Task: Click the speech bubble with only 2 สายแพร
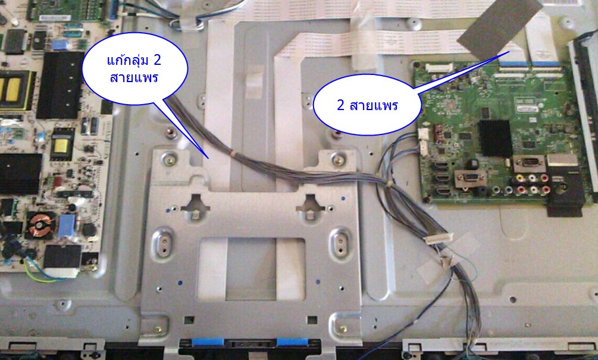(x=367, y=105)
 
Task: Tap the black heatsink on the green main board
(x=495, y=138)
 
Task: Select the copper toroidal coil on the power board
(x=37, y=227)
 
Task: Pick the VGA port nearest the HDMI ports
(x=469, y=177)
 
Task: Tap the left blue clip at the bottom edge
(x=208, y=342)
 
